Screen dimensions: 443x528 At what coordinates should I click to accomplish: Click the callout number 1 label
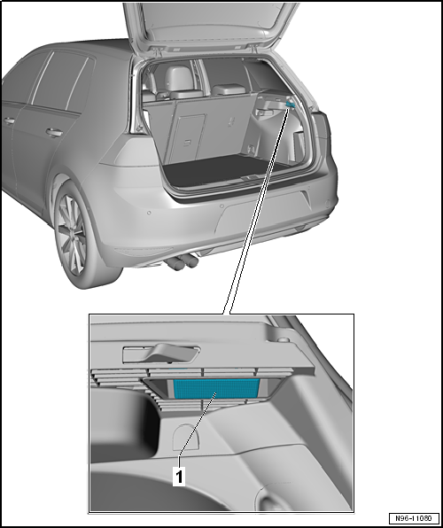tap(179, 476)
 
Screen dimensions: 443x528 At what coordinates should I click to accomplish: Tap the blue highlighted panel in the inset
tap(216, 388)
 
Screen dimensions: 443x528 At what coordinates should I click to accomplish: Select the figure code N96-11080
tap(414, 518)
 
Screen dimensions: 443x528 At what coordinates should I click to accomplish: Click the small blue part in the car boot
tap(290, 105)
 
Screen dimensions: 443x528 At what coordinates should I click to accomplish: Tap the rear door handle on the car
tap(54, 132)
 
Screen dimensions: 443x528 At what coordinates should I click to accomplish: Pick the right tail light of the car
tap(322, 127)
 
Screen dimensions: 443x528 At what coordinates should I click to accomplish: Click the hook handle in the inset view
tap(162, 353)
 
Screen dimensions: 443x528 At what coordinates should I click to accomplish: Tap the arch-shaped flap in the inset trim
tap(185, 437)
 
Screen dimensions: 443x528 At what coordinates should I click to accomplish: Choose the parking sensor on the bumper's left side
tap(149, 213)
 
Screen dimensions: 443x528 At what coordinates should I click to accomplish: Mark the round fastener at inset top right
tap(284, 340)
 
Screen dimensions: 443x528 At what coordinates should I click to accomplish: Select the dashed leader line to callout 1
tap(198, 429)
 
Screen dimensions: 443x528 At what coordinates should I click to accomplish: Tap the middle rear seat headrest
tap(229, 89)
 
